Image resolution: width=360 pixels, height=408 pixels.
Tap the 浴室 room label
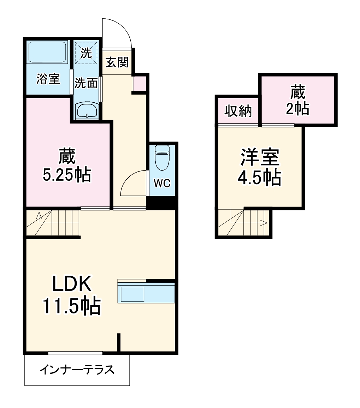tap(48, 79)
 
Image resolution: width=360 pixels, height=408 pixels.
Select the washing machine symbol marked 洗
tap(86, 53)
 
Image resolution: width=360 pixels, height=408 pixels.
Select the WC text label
tap(162, 183)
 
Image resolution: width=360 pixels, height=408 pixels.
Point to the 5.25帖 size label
tap(67, 175)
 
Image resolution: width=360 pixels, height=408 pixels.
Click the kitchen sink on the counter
tap(132, 294)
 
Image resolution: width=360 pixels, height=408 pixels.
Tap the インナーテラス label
tap(77, 370)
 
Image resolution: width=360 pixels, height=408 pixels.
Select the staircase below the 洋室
tap(244, 222)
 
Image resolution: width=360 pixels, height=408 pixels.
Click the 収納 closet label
tap(238, 111)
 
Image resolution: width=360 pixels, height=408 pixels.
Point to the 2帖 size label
tap(297, 109)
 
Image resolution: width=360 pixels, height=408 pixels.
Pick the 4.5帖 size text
tap(259, 178)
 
